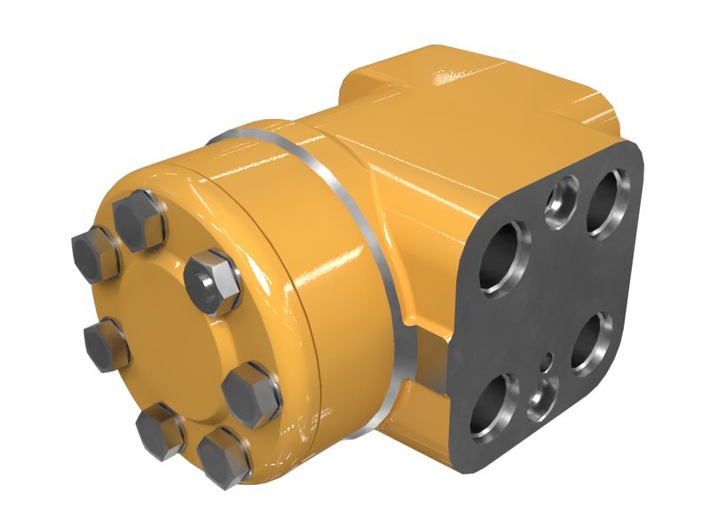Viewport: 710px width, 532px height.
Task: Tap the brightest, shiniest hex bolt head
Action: (x=213, y=280)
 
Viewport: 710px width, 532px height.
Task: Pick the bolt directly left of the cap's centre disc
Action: (x=106, y=342)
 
